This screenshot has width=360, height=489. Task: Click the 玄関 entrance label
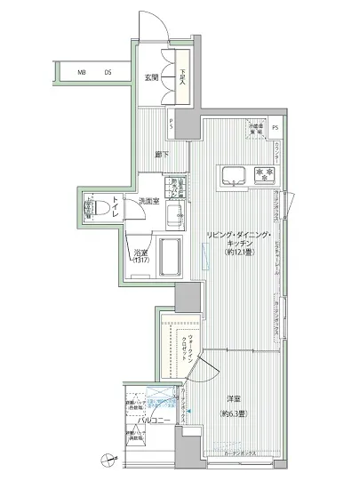coord(151,77)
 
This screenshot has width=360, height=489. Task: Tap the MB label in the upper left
coord(81,72)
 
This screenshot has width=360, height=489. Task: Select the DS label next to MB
coord(108,72)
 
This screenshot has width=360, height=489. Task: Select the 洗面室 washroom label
coord(148,202)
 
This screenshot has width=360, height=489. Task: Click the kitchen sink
coord(233,174)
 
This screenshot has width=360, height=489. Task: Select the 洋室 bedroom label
coord(230,398)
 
